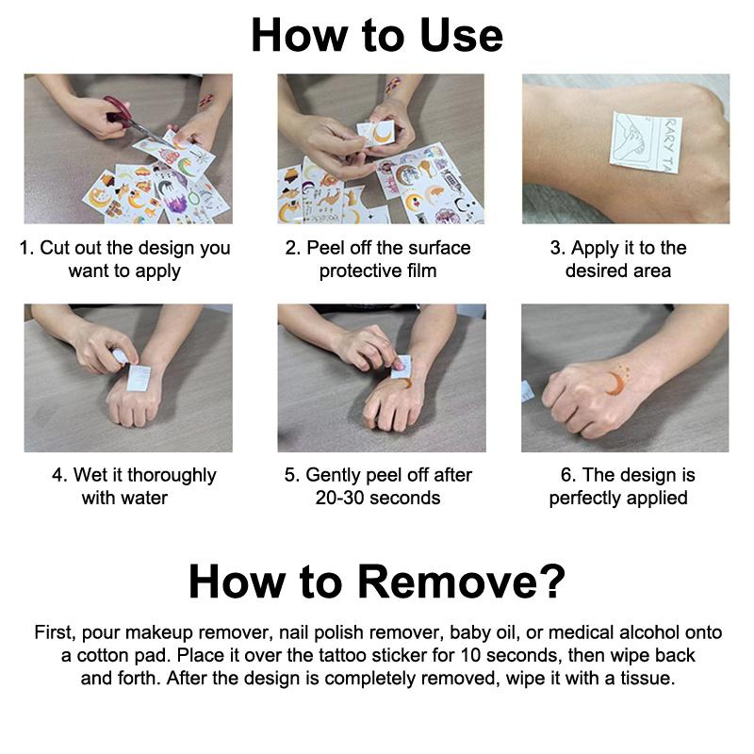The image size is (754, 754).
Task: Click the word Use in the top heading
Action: tap(461, 36)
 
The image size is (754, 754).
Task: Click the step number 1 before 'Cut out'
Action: tap(25, 248)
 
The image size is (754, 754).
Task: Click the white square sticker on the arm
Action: tap(646, 142)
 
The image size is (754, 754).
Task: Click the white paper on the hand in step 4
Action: tap(139, 378)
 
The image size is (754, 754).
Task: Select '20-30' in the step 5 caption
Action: tap(337, 499)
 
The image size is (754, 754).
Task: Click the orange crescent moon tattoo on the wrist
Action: tap(615, 383)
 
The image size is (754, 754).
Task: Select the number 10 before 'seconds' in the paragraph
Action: tap(469, 655)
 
